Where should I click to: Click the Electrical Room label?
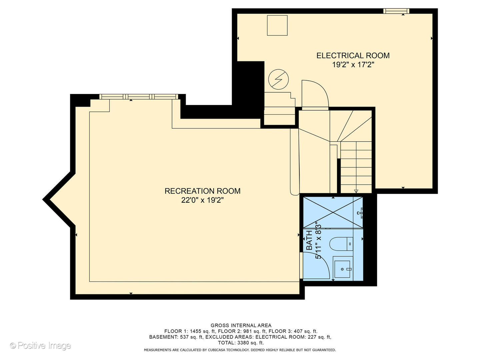(x=353, y=56)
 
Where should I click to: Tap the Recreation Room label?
(x=202, y=191)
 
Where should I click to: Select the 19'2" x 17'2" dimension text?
(x=353, y=65)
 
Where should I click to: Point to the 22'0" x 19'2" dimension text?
(x=202, y=200)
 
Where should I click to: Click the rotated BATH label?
(x=309, y=240)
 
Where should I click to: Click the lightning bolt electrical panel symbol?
(x=278, y=79)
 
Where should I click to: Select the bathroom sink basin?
(x=342, y=269)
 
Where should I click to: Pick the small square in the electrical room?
(x=277, y=25)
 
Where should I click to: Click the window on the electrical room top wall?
(x=396, y=11)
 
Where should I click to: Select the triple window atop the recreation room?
(x=139, y=97)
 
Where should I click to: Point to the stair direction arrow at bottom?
(x=356, y=191)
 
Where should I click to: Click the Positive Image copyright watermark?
(x=40, y=345)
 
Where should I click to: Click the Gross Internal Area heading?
(x=241, y=325)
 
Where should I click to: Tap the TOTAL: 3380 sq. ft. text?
(x=241, y=343)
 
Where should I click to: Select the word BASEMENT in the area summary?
(x=163, y=337)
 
